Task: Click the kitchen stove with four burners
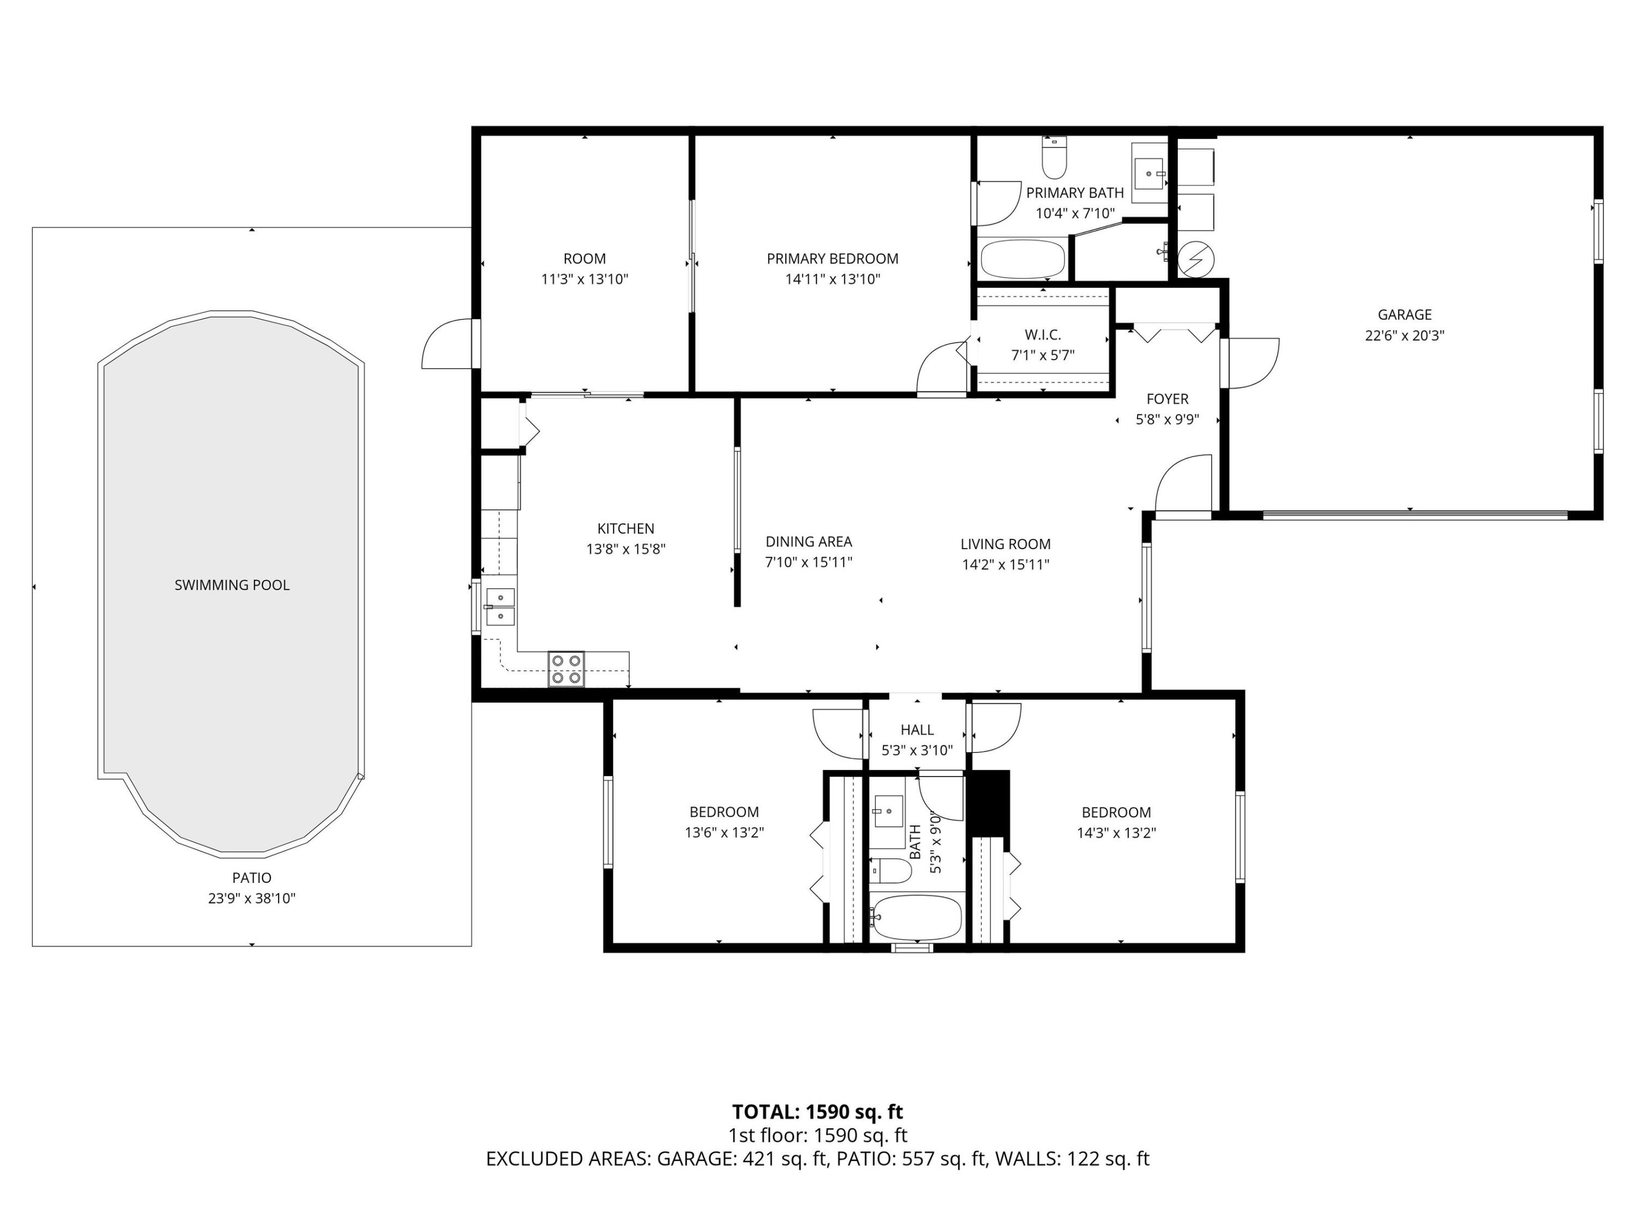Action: coord(566,669)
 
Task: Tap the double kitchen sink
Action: coord(500,606)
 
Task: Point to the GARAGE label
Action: coord(1404,314)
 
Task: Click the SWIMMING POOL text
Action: coord(232,585)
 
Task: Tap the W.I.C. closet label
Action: coord(1042,334)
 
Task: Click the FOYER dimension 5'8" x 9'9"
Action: coord(1166,419)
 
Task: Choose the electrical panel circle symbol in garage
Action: coord(1196,259)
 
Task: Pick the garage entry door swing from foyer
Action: coord(1252,363)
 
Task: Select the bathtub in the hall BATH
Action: coord(915,917)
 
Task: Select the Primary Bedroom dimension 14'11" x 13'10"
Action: coord(832,279)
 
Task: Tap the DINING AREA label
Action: coord(808,542)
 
